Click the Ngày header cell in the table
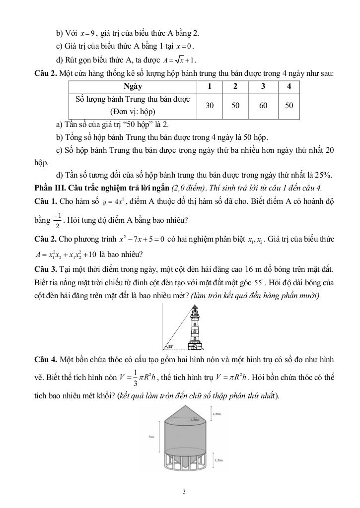(x=133, y=86)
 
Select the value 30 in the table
(x=210, y=105)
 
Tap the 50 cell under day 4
(x=289, y=105)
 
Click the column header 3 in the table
(x=263, y=86)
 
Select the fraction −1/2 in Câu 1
(x=59, y=220)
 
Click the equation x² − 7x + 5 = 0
(x=143, y=239)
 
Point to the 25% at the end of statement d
(x=323, y=175)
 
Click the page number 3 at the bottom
(x=184, y=492)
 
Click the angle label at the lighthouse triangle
(x=170, y=346)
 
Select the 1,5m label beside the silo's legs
(x=217, y=460)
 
